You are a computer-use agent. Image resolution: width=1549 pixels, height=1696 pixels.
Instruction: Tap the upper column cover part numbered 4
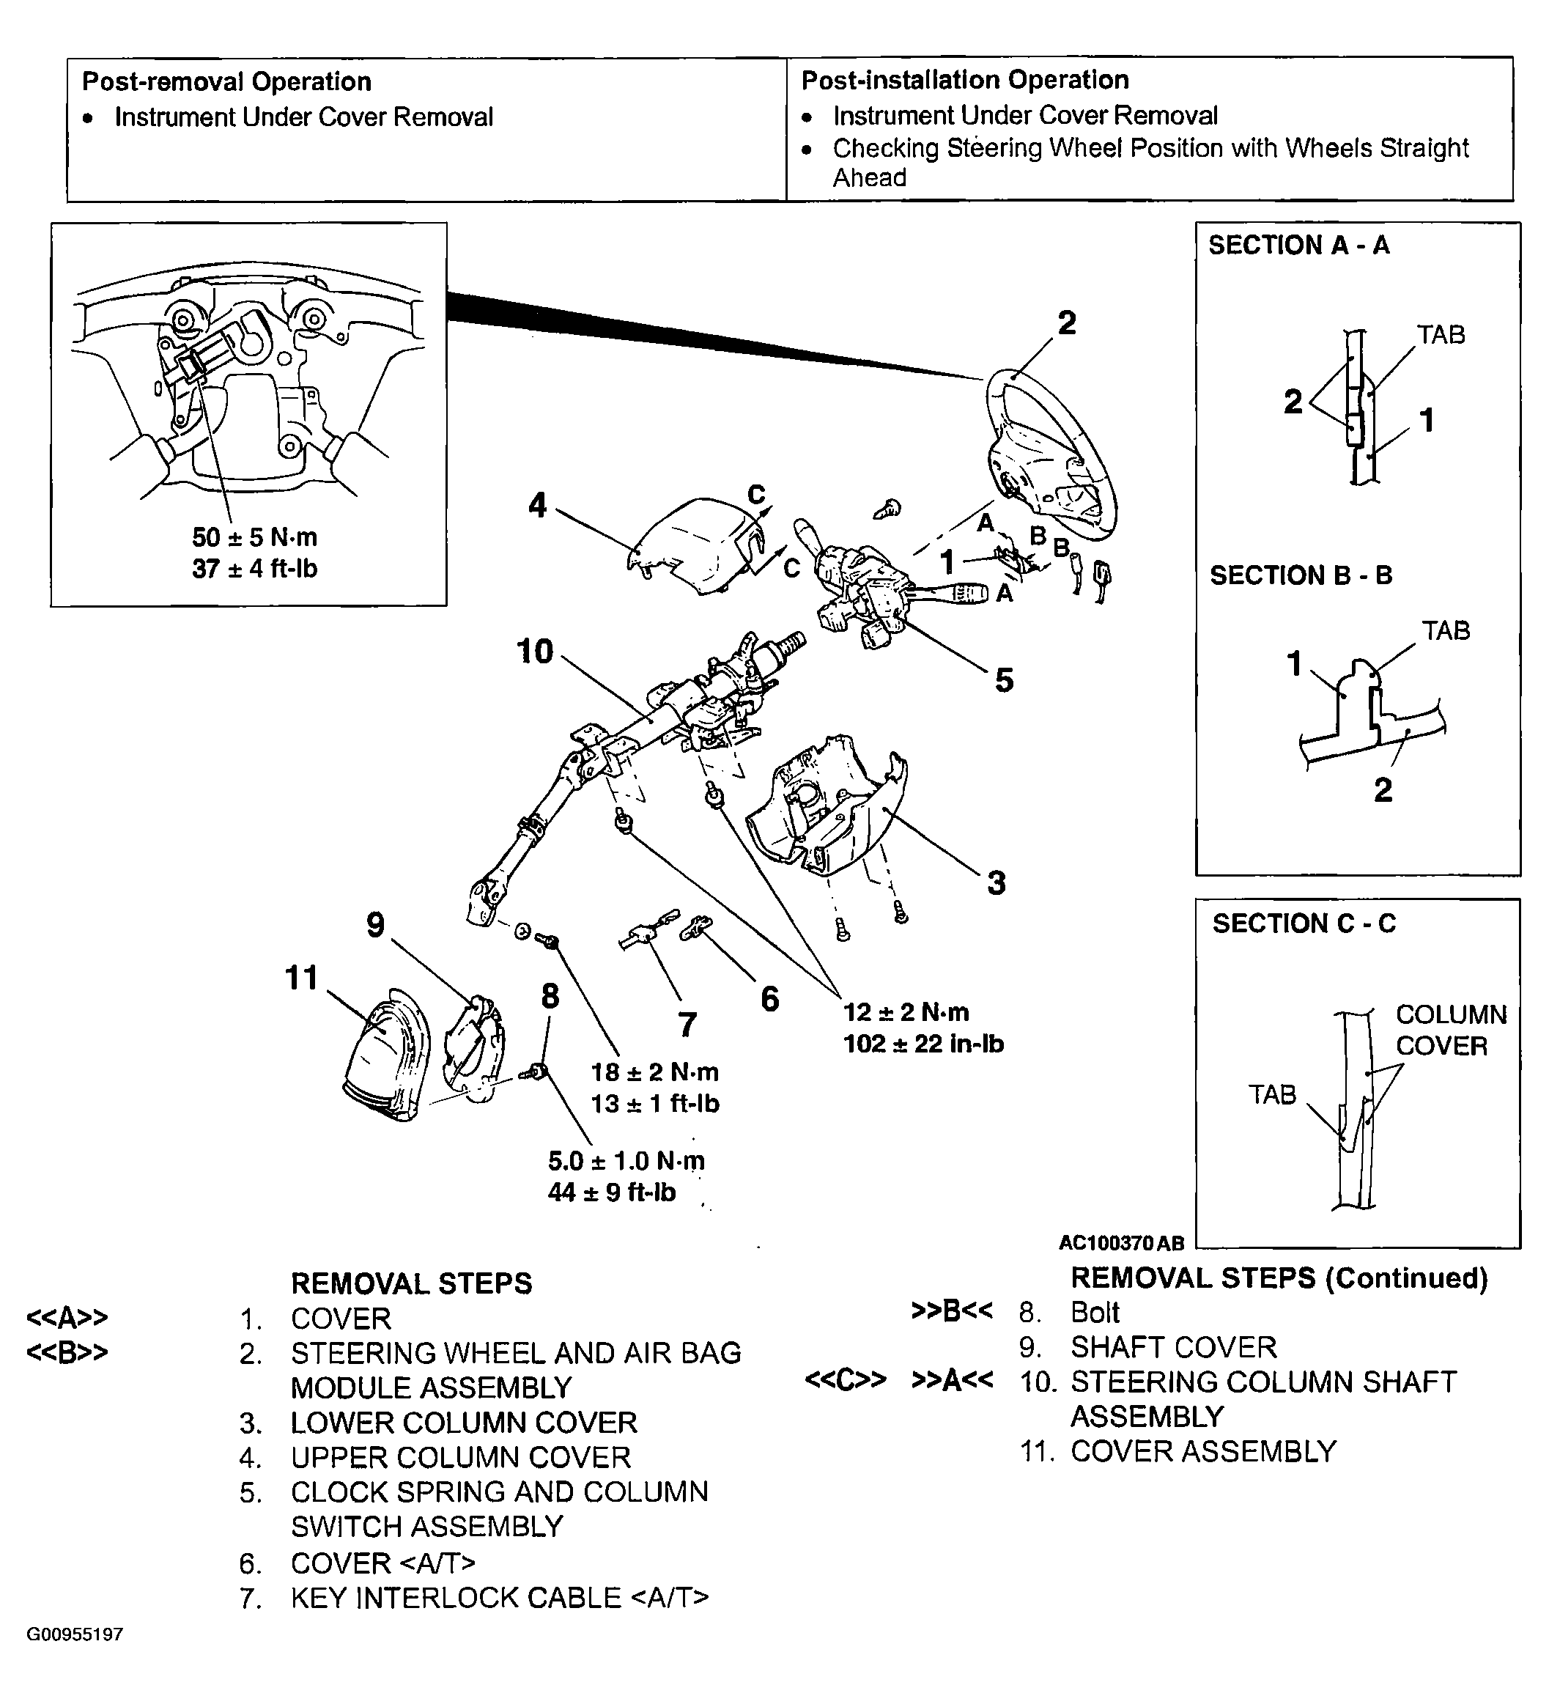point(698,547)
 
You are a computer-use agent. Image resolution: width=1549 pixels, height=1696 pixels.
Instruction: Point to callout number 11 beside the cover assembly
point(302,978)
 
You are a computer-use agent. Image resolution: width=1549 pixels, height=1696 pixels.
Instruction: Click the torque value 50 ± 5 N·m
point(254,537)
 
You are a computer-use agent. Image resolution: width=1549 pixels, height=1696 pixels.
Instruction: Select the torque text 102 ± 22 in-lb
point(923,1044)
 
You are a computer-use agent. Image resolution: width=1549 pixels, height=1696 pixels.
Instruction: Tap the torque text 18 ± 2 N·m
point(654,1072)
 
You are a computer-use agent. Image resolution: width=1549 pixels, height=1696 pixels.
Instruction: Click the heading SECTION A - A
point(1298,246)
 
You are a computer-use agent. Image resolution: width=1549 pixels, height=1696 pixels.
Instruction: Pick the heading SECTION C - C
point(1304,923)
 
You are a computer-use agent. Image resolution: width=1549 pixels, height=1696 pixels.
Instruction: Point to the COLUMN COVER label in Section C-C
point(1450,1030)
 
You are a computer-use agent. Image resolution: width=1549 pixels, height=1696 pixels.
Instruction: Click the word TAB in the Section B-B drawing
point(1445,631)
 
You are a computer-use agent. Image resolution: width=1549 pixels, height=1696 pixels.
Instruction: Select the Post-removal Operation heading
point(226,81)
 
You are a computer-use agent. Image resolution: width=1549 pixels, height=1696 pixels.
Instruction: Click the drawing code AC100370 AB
point(1121,1243)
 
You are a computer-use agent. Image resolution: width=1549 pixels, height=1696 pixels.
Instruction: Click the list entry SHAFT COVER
point(1173,1348)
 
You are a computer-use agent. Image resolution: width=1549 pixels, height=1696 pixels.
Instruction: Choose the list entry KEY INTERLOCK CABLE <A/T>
point(500,1599)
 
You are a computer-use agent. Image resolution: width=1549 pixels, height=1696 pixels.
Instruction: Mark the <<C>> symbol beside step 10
point(845,1382)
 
